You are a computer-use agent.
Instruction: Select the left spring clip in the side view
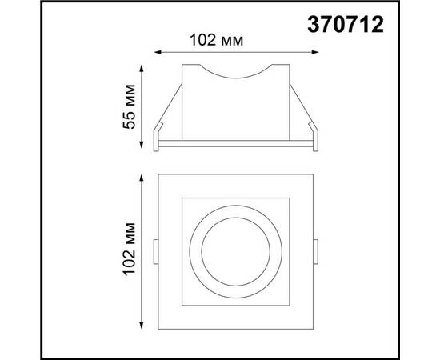click(x=164, y=120)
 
